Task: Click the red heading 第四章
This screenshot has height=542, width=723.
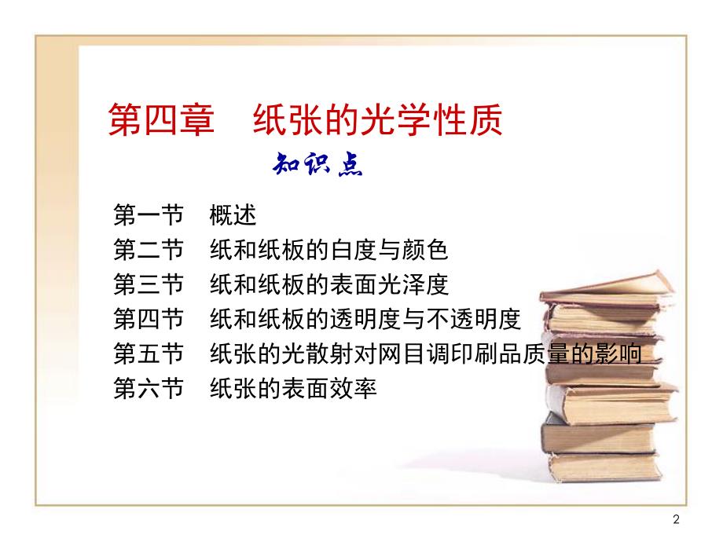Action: [x=160, y=123]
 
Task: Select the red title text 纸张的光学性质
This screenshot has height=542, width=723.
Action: [x=376, y=123]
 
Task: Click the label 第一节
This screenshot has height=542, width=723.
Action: [x=148, y=215]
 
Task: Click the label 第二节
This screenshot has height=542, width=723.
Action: [x=148, y=251]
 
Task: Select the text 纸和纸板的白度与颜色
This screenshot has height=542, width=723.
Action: [x=329, y=251]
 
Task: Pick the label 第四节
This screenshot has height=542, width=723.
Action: [x=148, y=320]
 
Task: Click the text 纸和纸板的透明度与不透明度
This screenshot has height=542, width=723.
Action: [x=365, y=320]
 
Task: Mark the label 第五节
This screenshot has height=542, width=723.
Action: [x=148, y=354]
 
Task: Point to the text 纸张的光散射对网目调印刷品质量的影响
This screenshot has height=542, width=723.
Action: [x=426, y=354]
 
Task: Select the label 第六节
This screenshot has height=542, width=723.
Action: [x=148, y=389]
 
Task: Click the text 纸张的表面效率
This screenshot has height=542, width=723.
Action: [x=294, y=389]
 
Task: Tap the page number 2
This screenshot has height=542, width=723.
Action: [x=677, y=518]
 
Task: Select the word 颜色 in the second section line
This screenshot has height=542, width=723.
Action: [x=429, y=251]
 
